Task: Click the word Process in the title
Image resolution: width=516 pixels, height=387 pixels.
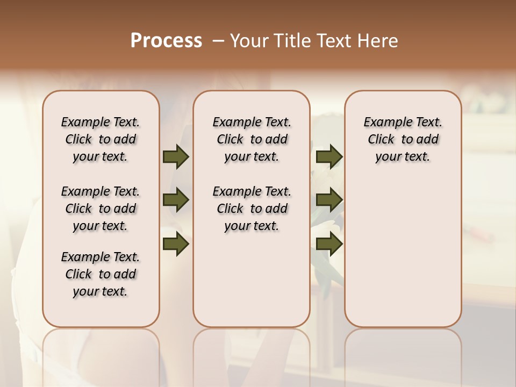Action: click(166, 40)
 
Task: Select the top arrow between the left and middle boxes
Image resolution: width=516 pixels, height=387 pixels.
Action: click(176, 157)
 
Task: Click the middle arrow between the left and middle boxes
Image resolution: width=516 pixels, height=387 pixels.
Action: click(176, 200)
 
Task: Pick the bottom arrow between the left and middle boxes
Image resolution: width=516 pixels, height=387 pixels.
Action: click(176, 243)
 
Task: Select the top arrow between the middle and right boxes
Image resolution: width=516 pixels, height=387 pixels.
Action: click(329, 157)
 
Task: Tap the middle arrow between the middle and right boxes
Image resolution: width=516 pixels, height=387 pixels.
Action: click(329, 200)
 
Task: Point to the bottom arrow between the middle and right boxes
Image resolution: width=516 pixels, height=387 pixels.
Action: click(329, 243)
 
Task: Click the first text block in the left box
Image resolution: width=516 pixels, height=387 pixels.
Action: click(101, 139)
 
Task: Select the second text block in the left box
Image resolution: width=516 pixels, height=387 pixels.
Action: click(101, 209)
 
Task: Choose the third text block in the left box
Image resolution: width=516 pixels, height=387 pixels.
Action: click(101, 274)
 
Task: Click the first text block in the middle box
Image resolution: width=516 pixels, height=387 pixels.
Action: click(252, 139)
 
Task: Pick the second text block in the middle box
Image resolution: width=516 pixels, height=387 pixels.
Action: click(252, 209)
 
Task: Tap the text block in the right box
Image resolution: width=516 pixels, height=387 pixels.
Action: click(403, 139)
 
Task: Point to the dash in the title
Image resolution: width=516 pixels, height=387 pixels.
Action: click(219, 41)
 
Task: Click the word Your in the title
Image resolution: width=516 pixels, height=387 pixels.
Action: click(247, 41)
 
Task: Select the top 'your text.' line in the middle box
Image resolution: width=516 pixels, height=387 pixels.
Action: click(252, 157)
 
